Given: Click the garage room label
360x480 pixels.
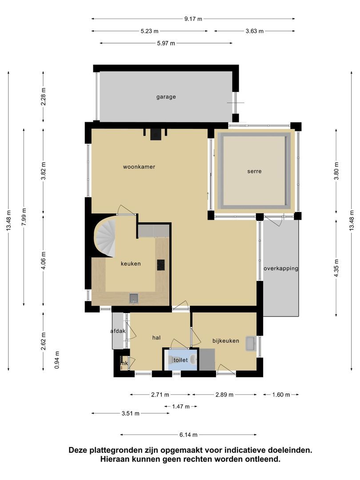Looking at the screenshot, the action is (x=166, y=97).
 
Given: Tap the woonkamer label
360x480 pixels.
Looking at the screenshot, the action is (x=139, y=167).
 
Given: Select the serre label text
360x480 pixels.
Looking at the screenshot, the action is (x=254, y=172).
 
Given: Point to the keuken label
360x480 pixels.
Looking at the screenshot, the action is (x=131, y=264).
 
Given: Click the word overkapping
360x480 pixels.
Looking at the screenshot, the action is (x=281, y=268).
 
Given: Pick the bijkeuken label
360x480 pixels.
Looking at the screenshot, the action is (x=226, y=341).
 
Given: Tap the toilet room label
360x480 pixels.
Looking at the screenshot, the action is (x=180, y=360).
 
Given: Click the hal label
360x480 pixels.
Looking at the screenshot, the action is (x=156, y=338).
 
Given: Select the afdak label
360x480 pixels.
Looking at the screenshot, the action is (x=118, y=331).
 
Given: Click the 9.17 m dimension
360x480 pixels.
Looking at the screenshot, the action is (x=193, y=19).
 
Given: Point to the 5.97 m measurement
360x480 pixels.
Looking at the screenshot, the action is (x=166, y=43).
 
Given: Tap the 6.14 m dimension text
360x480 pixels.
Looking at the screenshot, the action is (x=188, y=434).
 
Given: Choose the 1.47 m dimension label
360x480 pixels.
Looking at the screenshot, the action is (x=180, y=407).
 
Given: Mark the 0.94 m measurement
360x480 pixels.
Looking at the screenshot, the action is (x=57, y=360).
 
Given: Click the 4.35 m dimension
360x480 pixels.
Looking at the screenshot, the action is (x=336, y=268).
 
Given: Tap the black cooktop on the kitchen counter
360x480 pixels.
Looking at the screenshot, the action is (x=161, y=265).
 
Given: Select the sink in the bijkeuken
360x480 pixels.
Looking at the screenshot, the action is (x=251, y=344).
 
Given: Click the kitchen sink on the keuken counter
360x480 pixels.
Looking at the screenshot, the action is (x=133, y=298).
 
